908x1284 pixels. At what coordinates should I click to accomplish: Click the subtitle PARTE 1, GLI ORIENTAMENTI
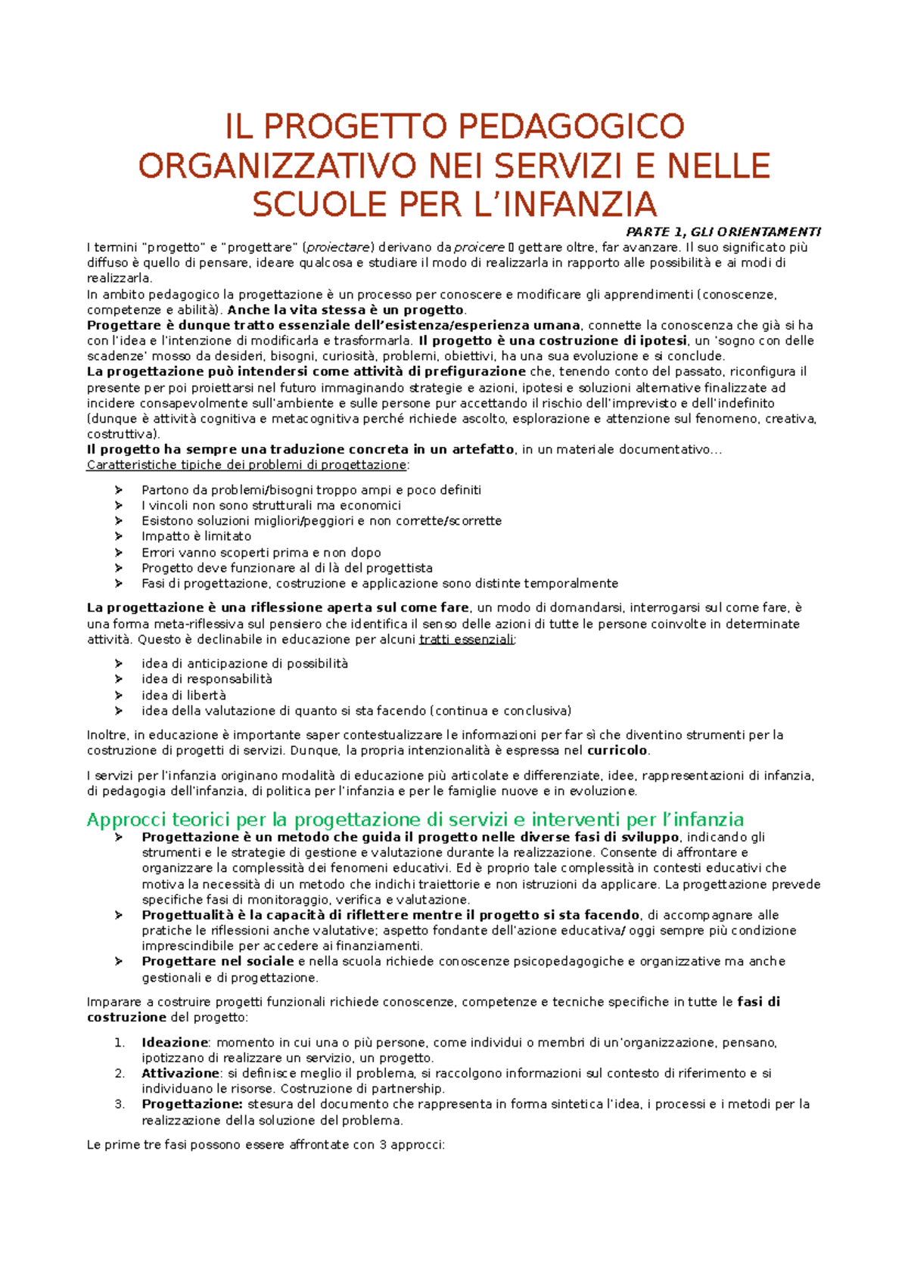tap(723, 232)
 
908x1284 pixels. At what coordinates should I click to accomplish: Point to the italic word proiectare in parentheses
tap(339, 247)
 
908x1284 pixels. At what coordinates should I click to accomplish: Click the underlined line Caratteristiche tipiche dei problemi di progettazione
tap(247, 465)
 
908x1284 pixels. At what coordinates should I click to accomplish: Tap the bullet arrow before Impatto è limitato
tap(119, 536)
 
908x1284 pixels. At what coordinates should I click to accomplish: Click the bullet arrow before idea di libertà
tap(119, 695)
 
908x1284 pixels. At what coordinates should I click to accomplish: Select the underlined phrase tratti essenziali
tap(466, 640)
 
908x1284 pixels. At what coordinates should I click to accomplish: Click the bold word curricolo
tap(617, 751)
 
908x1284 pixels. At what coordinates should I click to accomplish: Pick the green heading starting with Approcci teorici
tap(415, 820)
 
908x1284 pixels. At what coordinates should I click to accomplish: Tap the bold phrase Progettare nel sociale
tap(218, 962)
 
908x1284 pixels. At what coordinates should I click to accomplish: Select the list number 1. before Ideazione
tap(120, 1043)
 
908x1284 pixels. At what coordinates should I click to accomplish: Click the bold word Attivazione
tap(180, 1074)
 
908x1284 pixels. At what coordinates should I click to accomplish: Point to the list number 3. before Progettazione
tap(120, 1105)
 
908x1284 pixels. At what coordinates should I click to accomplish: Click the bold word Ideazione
tap(174, 1043)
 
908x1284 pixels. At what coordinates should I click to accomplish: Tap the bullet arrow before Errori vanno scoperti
tap(119, 553)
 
